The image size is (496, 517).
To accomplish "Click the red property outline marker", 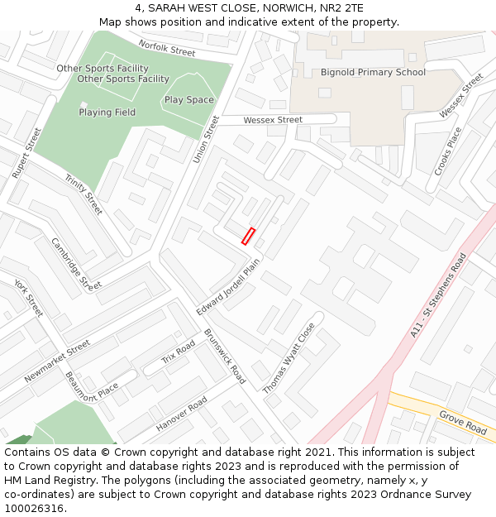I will coord(248,236).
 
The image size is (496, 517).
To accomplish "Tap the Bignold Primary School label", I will coord(373,73).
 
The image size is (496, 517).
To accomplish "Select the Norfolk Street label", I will coord(167,49).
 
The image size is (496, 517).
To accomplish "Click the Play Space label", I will coord(188,100).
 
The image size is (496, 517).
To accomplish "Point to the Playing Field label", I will coord(107,112).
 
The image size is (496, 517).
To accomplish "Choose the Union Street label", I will coord(207,139).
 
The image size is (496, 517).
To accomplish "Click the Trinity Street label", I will coord(83,194).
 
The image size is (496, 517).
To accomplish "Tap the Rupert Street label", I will coord(26,153).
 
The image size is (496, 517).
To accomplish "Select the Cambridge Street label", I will coord(77,264).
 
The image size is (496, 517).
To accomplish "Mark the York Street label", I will coord(29,298).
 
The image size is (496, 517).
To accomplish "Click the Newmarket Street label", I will coord(57,361).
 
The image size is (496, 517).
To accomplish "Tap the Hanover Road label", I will coord(182,414).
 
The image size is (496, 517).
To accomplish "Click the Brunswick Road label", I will coord(225,357).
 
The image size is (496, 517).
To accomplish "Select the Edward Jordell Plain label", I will coord(228,286).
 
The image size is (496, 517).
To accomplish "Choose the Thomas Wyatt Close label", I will coord(289,357).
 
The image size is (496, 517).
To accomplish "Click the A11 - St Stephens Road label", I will coord(439,295).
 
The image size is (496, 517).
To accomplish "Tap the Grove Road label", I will coord(463,422).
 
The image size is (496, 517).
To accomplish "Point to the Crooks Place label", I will coord(448,151).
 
